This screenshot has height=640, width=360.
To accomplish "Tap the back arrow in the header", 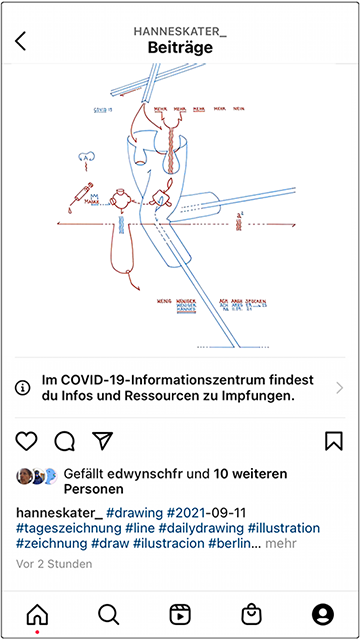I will pyautogui.click(x=21, y=41).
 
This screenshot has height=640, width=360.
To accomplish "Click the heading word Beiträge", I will pyautogui.click(x=180, y=47).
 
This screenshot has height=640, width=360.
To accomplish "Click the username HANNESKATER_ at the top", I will pyautogui.click(x=180, y=31).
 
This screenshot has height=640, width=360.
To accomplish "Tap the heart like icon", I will pyautogui.click(x=27, y=441).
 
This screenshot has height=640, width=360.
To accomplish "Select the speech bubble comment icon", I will pyautogui.click(x=65, y=441).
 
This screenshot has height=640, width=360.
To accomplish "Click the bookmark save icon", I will pyautogui.click(x=334, y=441).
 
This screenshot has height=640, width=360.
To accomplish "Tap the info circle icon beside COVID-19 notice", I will pyautogui.click(x=23, y=388).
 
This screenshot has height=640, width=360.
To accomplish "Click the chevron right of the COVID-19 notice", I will pyautogui.click(x=340, y=388).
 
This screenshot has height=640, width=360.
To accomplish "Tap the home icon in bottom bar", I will pyautogui.click(x=37, y=614).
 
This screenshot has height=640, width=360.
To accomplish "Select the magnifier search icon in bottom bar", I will pyautogui.click(x=109, y=614).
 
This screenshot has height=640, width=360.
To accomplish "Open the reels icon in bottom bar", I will pyautogui.click(x=180, y=614).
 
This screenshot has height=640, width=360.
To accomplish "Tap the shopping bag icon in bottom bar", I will pyautogui.click(x=251, y=614).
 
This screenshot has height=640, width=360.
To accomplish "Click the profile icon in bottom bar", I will pyautogui.click(x=322, y=614).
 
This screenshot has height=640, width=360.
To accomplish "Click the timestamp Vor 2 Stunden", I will pyautogui.click(x=54, y=564).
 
